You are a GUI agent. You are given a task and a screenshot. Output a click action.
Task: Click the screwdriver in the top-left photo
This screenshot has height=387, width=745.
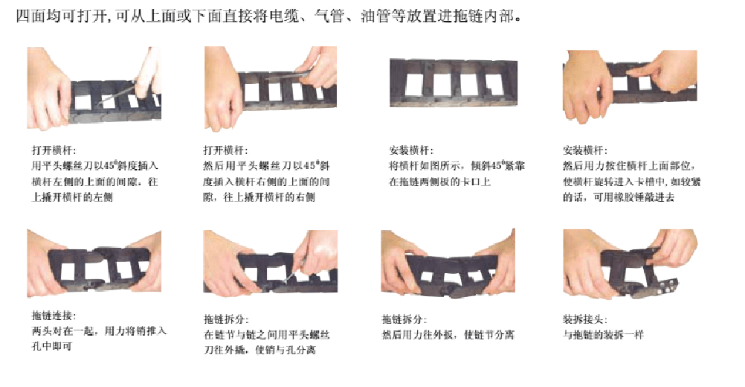click(x=117, y=94)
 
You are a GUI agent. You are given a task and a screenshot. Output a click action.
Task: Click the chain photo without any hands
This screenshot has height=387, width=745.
click(x=454, y=83)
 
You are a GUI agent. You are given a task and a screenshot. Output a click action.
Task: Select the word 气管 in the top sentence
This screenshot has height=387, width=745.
click(x=329, y=16)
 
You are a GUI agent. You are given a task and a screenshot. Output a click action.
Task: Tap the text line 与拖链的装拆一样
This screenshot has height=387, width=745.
click(x=604, y=335)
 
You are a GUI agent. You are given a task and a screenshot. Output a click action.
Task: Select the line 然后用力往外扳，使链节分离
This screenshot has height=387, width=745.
click(x=448, y=335)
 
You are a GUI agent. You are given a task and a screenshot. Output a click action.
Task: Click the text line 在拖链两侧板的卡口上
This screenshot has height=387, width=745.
click(x=440, y=182)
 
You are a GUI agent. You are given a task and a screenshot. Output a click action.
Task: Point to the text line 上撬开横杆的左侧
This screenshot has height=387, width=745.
click(x=72, y=197)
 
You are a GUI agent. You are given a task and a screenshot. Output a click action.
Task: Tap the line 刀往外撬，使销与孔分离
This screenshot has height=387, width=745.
click(x=260, y=351)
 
